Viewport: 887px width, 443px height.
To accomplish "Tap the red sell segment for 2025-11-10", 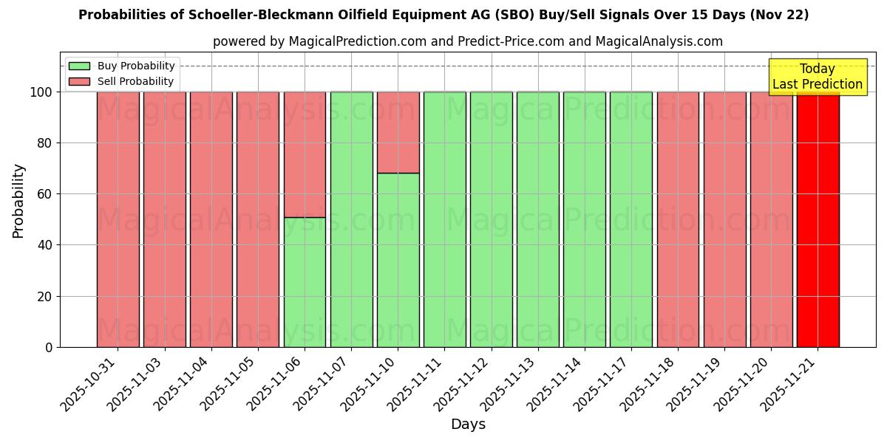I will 398,132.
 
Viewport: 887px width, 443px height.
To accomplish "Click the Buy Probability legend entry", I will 121,66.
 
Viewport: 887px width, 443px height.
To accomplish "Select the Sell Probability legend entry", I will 121,81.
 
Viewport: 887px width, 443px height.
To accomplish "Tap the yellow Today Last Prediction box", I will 818,77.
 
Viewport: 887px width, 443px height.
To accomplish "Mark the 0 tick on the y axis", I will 49,347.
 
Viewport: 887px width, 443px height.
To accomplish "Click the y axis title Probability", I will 18,201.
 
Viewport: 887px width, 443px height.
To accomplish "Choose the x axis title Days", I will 468,425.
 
